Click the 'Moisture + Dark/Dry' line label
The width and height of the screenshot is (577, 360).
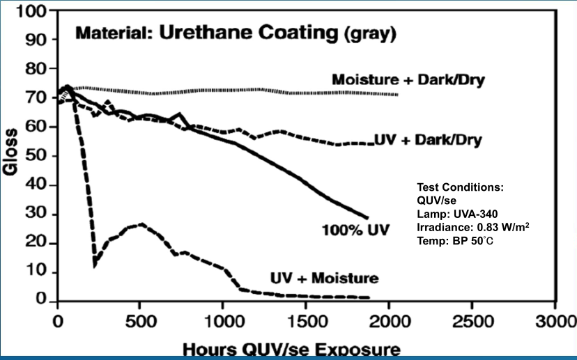[408, 79]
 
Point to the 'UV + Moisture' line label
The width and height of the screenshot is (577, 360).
[325, 279]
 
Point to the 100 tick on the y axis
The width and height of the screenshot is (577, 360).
[33, 11]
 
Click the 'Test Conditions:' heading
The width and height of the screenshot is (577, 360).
[460, 187]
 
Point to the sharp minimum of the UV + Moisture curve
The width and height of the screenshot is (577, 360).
[94, 265]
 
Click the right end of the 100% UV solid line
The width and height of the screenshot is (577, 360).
[367, 218]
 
